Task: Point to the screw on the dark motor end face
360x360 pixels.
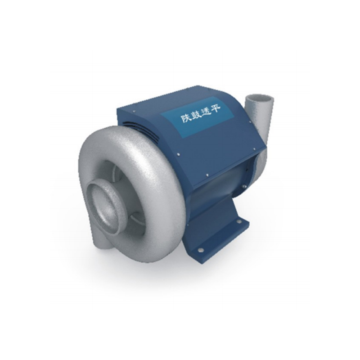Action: coord(245,185)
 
